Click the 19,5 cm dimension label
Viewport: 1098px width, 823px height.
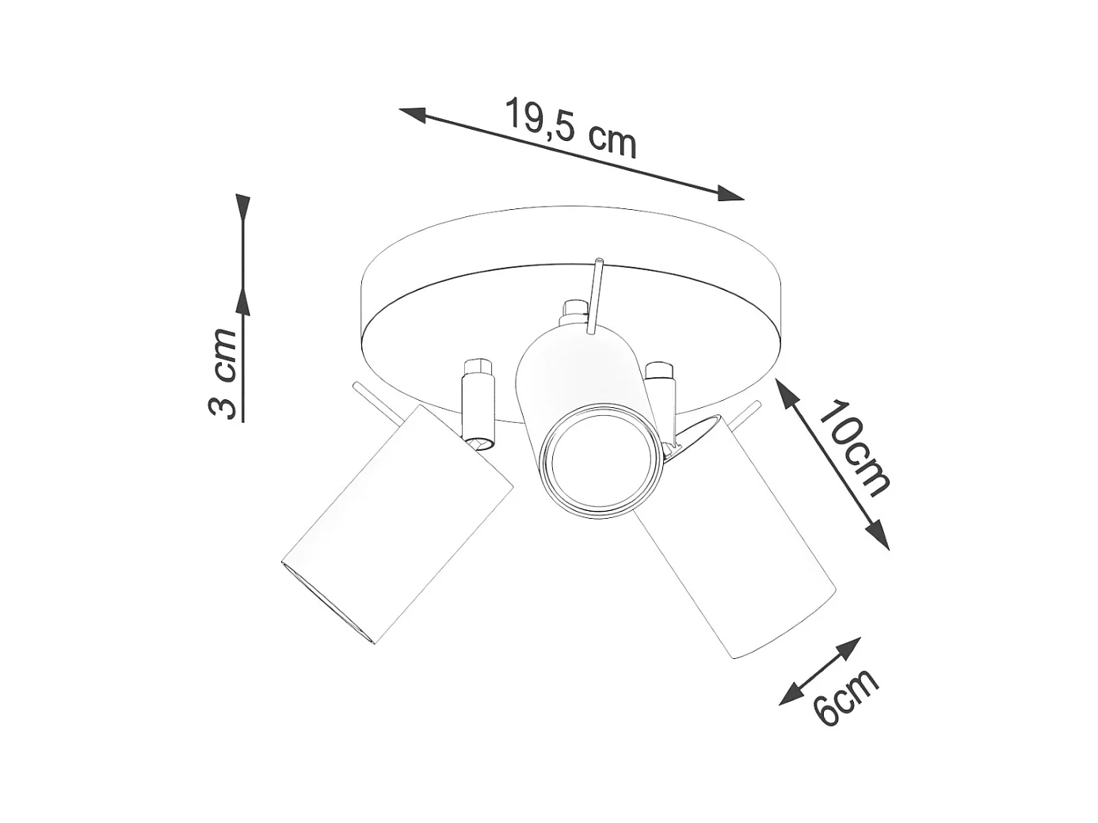(x=570, y=128)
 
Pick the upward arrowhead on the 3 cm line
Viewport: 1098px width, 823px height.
(x=242, y=301)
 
